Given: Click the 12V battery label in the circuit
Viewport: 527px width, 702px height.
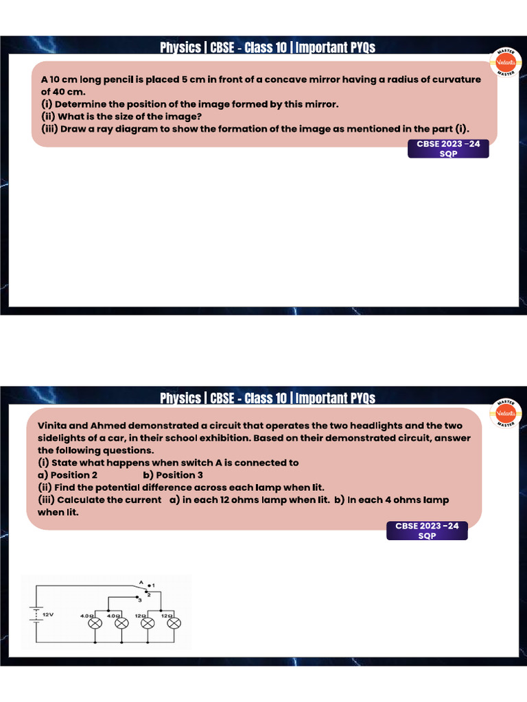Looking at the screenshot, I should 48,615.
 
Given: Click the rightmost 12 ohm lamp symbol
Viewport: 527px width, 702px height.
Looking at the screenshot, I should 174,623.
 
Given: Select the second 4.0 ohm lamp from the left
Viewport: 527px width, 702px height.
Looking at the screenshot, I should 121,623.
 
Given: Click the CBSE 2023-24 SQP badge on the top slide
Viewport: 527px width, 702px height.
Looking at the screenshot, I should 448,149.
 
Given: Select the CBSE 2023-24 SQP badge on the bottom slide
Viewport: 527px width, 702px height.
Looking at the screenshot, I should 427,531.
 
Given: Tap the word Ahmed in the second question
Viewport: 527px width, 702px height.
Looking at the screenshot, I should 109,426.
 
